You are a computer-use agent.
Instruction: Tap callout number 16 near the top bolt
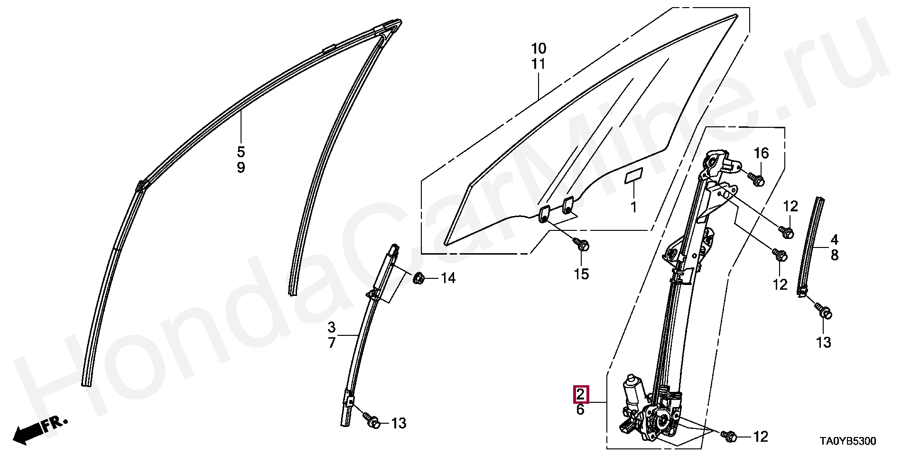click(761, 153)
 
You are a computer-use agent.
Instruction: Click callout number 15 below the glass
click(581, 274)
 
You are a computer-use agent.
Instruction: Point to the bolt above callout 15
click(582, 245)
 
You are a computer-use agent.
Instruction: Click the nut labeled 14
click(418, 278)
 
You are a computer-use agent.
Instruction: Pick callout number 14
click(448, 278)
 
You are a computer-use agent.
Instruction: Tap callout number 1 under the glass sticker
click(633, 208)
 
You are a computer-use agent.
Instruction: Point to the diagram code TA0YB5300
click(847, 442)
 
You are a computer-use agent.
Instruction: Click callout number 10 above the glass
click(539, 48)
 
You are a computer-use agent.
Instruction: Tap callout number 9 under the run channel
click(241, 168)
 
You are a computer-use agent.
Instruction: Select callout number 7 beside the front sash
click(332, 342)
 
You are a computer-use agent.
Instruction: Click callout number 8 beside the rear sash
click(835, 256)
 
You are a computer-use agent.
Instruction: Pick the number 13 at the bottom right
click(824, 342)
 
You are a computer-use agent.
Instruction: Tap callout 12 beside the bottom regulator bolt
click(761, 436)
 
